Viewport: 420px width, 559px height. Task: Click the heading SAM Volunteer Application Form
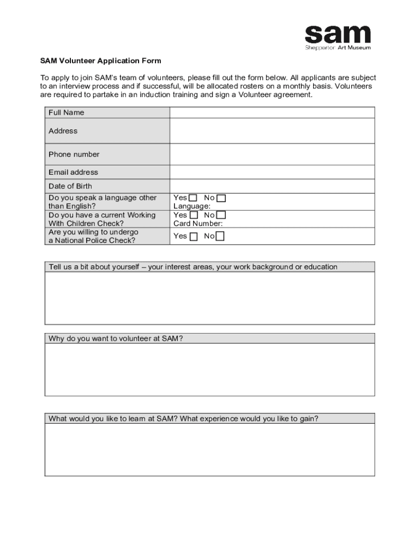click(100, 61)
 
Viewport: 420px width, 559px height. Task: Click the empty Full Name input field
click(272, 112)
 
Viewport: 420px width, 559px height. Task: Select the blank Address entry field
click(272, 131)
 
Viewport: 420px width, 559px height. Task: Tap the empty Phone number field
click(272, 154)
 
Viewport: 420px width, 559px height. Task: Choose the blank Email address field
click(272, 172)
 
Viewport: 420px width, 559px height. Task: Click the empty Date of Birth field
click(272, 186)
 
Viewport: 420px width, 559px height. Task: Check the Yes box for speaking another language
click(194, 198)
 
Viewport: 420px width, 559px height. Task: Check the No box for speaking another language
click(221, 198)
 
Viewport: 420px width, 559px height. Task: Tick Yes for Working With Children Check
click(194, 216)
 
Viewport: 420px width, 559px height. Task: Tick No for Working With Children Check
click(221, 216)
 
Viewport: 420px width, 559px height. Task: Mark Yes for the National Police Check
click(194, 236)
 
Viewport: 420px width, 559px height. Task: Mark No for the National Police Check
click(220, 236)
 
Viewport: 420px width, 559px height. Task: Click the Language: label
click(192, 206)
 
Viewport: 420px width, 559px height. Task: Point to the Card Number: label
click(198, 223)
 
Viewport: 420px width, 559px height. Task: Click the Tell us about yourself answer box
click(209, 298)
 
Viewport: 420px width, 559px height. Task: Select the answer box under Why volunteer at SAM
click(209, 369)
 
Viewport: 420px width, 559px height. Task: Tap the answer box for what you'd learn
click(209, 449)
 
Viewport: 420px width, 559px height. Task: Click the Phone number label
click(74, 154)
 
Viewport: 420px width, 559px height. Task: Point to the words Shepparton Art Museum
click(338, 47)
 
